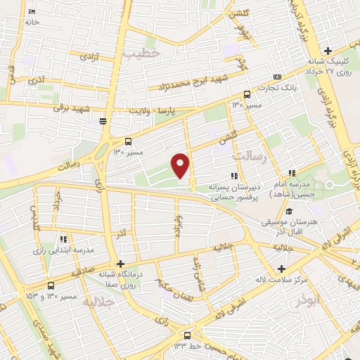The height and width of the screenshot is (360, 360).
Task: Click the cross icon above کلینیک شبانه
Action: point(328,51)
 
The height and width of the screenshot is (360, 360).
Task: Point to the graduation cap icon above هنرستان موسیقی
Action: point(288,211)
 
